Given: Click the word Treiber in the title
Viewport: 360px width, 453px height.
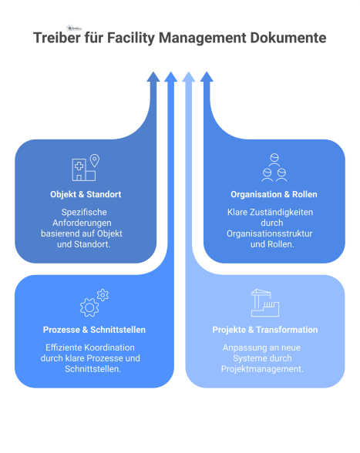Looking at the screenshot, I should click(57, 38).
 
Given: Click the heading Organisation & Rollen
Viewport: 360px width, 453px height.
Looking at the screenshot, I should click(274, 194).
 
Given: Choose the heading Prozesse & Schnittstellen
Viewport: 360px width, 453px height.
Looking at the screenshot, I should click(94, 330).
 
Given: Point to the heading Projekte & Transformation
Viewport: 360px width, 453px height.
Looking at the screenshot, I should click(264, 330).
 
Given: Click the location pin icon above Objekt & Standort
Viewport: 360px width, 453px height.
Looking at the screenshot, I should click(95, 161).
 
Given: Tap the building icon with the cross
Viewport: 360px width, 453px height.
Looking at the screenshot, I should click(79, 169).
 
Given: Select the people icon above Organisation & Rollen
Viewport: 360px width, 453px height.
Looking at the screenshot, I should click(274, 165).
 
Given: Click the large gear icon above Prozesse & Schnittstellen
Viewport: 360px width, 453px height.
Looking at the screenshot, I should click(89, 307).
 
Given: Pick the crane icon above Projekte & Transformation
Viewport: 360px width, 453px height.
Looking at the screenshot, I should click(264, 303).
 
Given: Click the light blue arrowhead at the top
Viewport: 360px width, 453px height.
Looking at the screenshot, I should click(189, 76).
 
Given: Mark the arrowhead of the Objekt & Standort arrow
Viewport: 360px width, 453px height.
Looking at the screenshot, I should click(153, 76).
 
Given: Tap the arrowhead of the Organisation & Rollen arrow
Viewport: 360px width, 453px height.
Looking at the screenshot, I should click(206, 76).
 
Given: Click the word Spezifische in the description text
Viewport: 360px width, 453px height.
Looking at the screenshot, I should click(85, 212).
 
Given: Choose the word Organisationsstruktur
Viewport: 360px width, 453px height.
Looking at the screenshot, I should click(274, 233).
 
